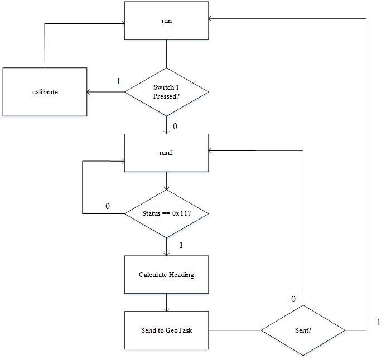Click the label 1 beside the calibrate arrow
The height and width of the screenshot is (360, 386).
[118, 81]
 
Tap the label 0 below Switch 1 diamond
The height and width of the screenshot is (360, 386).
[175, 127]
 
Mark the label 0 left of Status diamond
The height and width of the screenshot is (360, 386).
[108, 206]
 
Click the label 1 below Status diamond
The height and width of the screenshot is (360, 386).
[181, 245]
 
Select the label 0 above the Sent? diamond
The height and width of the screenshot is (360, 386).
[293, 299]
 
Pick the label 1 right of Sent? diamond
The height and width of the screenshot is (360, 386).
[379, 322]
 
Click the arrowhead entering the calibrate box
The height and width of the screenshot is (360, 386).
[89, 92]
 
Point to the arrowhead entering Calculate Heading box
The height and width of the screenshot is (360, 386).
[167, 254]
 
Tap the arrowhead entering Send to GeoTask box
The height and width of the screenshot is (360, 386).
[167, 309]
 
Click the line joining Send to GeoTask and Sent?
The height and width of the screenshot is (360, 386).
[235, 330]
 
